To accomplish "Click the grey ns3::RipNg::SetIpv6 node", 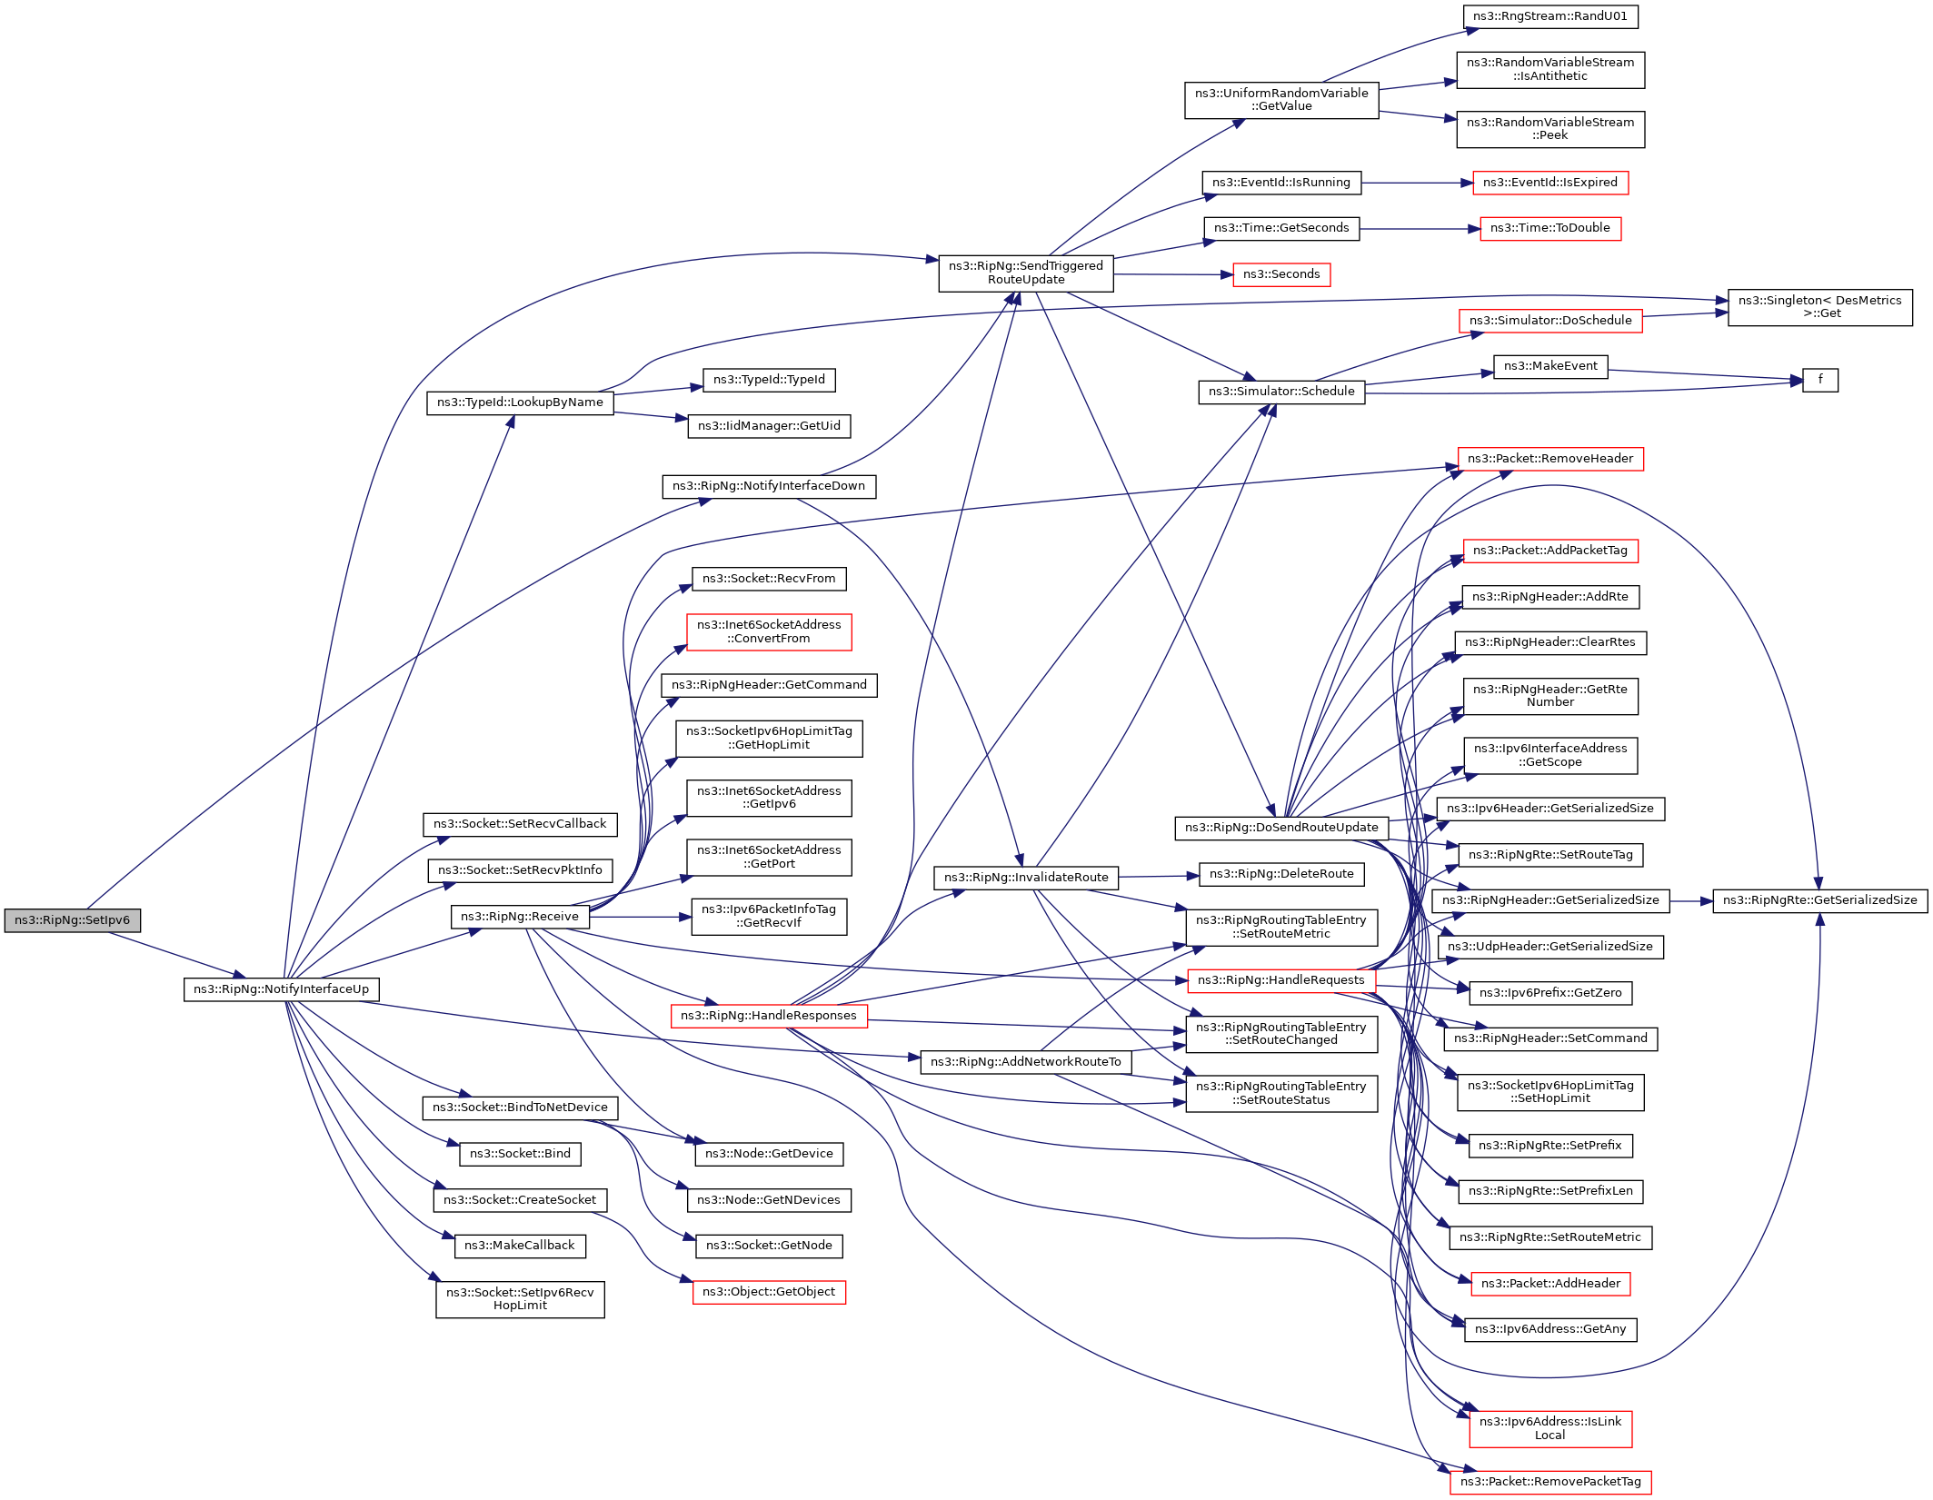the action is tap(73, 920).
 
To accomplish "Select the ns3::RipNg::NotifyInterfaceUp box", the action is tap(282, 989).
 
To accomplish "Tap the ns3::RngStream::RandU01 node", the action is tap(1550, 16).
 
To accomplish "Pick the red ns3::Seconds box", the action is tap(1281, 274).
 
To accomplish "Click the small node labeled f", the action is tap(1820, 380).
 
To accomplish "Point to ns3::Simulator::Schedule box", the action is tap(1281, 392).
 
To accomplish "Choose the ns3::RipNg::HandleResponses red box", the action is tap(769, 1016).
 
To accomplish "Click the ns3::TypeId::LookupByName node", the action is tap(520, 402).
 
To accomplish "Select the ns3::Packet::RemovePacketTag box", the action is tap(1550, 1482).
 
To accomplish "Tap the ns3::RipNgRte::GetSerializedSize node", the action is tap(1820, 900).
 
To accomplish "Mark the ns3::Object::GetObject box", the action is tap(769, 1292).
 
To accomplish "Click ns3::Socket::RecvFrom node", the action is tap(769, 579).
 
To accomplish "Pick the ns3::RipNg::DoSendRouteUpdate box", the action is tap(1281, 828).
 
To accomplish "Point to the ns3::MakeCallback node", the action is tap(520, 1246).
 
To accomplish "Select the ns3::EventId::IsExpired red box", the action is tap(1550, 183).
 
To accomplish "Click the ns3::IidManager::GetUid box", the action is tap(769, 426).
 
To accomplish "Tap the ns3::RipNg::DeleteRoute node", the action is tap(1281, 874).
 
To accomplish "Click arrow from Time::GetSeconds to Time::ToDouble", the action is tap(1420, 229).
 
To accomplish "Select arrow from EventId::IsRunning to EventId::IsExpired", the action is tap(1418, 183).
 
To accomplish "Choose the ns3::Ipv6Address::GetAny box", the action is tap(1550, 1329).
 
